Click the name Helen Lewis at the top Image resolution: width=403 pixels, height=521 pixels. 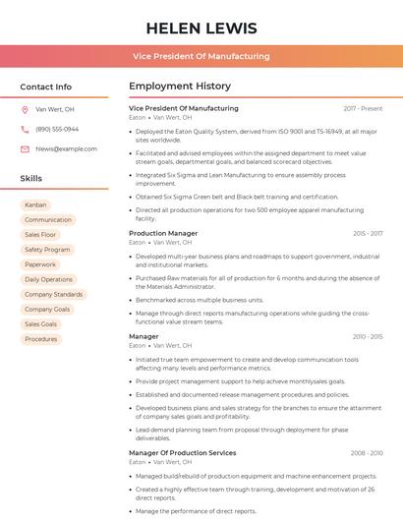[x=201, y=29]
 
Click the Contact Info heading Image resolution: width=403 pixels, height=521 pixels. [x=45, y=87]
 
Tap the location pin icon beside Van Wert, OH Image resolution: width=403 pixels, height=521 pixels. [x=25, y=109]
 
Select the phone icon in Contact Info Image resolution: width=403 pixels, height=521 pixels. [x=25, y=129]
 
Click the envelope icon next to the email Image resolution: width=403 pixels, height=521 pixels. [x=25, y=148]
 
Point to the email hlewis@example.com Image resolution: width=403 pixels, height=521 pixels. [x=66, y=148]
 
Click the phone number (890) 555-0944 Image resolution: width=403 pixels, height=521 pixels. [x=57, y=129]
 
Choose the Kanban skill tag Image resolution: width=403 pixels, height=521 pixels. [x=35, y=205]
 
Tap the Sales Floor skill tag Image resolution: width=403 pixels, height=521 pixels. [x=40, y=235]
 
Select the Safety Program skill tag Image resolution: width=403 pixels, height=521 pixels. [x=47, y=250]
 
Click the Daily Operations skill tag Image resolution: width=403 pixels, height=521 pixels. [x=48, y=279]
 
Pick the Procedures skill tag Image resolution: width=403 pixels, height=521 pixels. [x=40, y=339]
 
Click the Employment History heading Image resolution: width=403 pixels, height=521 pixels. [x=179, y=87]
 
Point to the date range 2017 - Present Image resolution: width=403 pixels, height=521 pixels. [x=363, y=108]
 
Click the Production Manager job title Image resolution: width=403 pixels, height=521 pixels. [x=163, y=233]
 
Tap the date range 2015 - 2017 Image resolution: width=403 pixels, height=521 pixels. [x=367, y=234]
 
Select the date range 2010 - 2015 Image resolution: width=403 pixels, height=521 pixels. [x=367, y=336]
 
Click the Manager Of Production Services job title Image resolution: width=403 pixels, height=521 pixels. [x=182, y=453]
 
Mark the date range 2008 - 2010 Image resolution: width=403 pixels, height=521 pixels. [x=366, y=453]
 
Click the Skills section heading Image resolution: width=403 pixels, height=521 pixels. [x=31, y=179]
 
